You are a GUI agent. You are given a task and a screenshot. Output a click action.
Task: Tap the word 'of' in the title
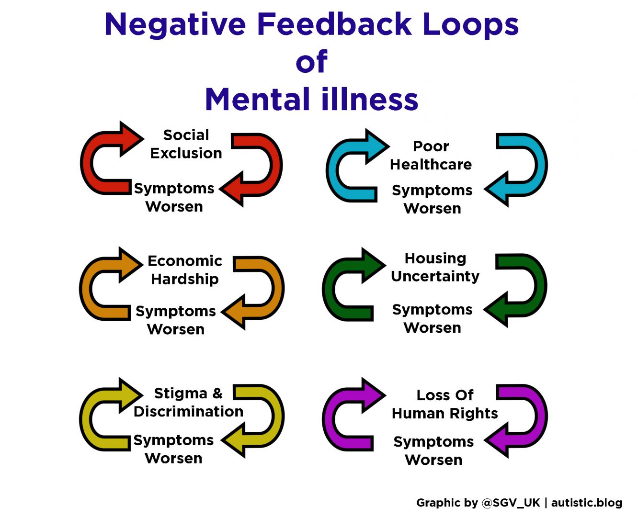pyautogui.click(x=311, y=62)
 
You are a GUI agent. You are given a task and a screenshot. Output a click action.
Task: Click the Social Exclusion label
pyautogui.click(x=186, y=144)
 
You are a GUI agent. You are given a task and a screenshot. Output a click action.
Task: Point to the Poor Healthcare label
pyautogui.click(x=431, y=155)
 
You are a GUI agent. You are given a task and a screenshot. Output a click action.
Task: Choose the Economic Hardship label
pyautogui.click(x=185, y=270)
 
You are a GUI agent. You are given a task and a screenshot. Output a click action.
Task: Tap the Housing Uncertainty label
pyautogui.click(x=435, y=267)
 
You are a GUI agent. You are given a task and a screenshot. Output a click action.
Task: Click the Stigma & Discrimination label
pyautogui.click(x=188, y=402)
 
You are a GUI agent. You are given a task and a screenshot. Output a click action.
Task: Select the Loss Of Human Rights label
pyautogui.click(x=444, y=404)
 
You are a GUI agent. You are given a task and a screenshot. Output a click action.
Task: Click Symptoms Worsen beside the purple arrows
pyautogui.click(x=433, y=450)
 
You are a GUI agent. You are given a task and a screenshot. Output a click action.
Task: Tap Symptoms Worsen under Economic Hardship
pyautogui.click(x=176, y=320)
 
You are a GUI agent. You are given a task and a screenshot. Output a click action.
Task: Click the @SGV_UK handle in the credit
pyautogui.click(x=511, y=503)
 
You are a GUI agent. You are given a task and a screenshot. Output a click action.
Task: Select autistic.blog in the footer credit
pyautogui.click(x=587, y=503)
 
